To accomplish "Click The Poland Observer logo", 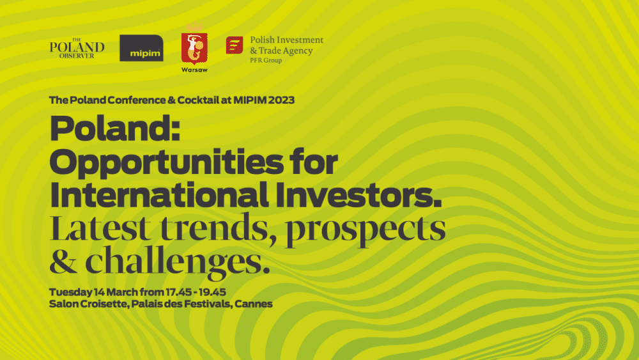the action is click(77, 49).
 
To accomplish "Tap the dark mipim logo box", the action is click(141, 48).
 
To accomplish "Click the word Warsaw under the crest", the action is click(194, 70).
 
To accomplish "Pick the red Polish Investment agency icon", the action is click(235, 45).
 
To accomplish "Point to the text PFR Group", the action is click(266, 60).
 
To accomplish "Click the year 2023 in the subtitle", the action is click(281, 100).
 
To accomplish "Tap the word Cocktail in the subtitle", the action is click(199, 100).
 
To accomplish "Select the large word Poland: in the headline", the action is click(115, 128).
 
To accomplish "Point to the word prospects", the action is click(366, 230).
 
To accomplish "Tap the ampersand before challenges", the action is click(63, 260).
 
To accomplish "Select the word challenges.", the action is click(177, 263).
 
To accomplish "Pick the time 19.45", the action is click(212, 292).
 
